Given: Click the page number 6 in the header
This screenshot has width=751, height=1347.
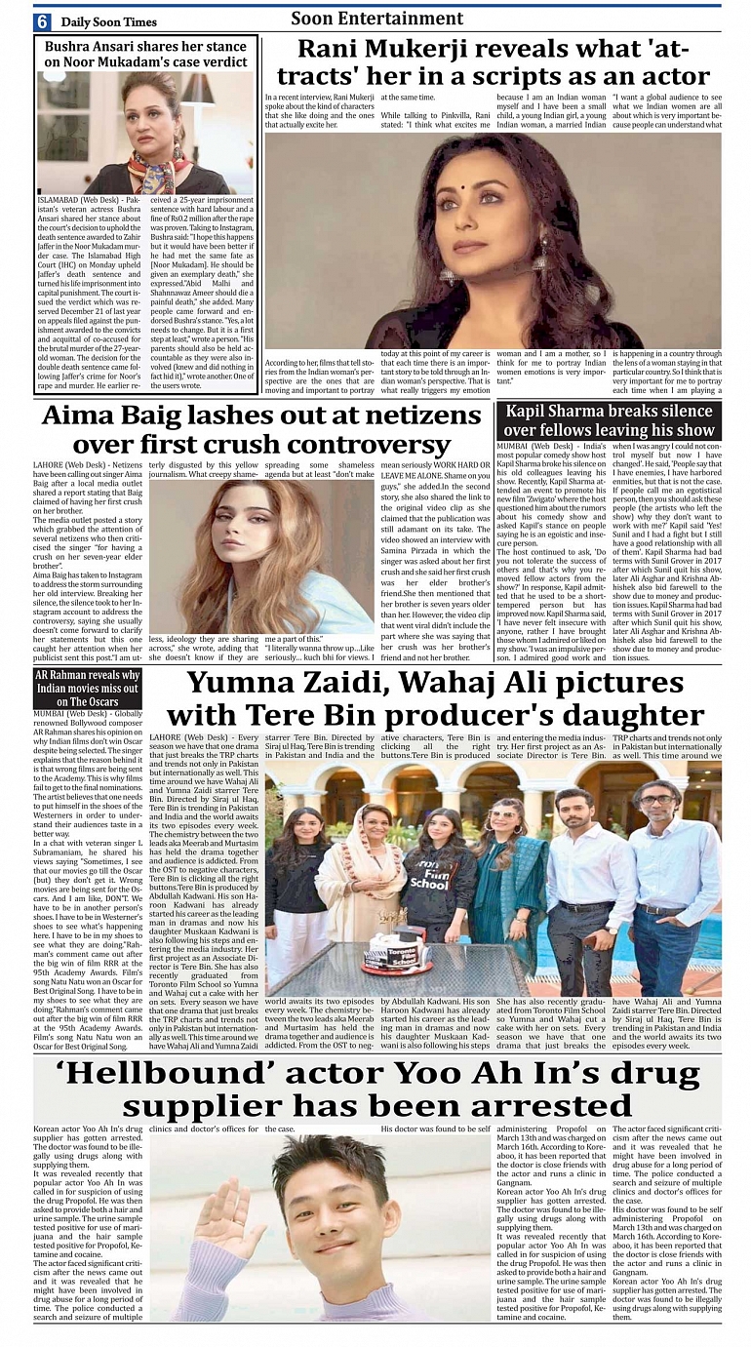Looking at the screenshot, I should click(43, 21).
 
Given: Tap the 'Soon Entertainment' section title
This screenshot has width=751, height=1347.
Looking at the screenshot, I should click(376, 19).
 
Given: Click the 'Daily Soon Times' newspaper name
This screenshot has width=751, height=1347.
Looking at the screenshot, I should click(107, 21).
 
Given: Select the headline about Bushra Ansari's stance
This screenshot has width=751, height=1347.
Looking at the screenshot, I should click(146, 54).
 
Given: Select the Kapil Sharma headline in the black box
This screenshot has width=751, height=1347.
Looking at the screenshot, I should click(609, 420).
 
